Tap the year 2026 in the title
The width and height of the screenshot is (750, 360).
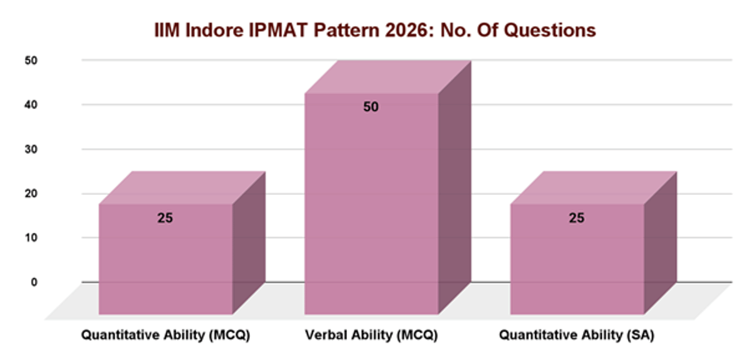tap(414, 30)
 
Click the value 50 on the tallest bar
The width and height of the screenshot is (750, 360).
tap(371, 107)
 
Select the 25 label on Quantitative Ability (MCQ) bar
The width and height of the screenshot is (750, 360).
tap(165, 218)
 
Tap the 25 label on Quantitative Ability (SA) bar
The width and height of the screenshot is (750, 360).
tap(576, 218)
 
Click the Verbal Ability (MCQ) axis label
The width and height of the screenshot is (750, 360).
tap(371, 336)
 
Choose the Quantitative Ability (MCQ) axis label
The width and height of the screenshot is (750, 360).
tap(166, 336)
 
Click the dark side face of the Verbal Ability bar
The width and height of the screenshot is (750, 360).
tap(454, 187)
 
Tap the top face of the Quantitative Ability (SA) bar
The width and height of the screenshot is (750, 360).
tap(594, 187)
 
